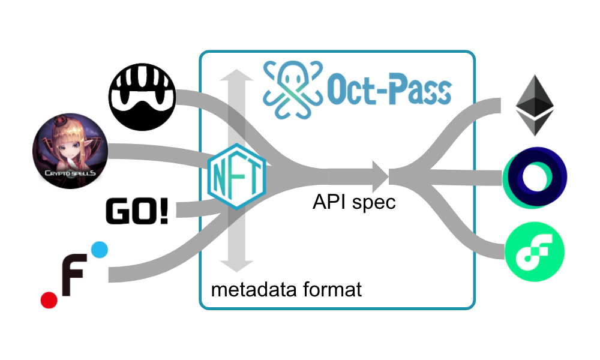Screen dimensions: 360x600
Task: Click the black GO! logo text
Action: click(137, 213)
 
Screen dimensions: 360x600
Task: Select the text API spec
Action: click(354, 202)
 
